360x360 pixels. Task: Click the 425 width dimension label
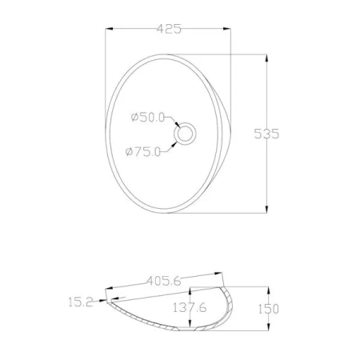(169, 29)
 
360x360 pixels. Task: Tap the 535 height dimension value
(266, 134)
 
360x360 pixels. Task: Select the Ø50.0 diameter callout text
(148, 118)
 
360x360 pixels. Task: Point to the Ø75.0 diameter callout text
(143, 152)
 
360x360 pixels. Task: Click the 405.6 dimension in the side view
(164, 281)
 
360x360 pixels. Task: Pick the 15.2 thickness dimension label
(81, 302)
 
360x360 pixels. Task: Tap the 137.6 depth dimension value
(190, 308)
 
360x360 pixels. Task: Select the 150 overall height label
(268, 309)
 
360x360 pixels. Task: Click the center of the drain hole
(185, 134)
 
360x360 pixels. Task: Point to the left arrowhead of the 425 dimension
(110, 29)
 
